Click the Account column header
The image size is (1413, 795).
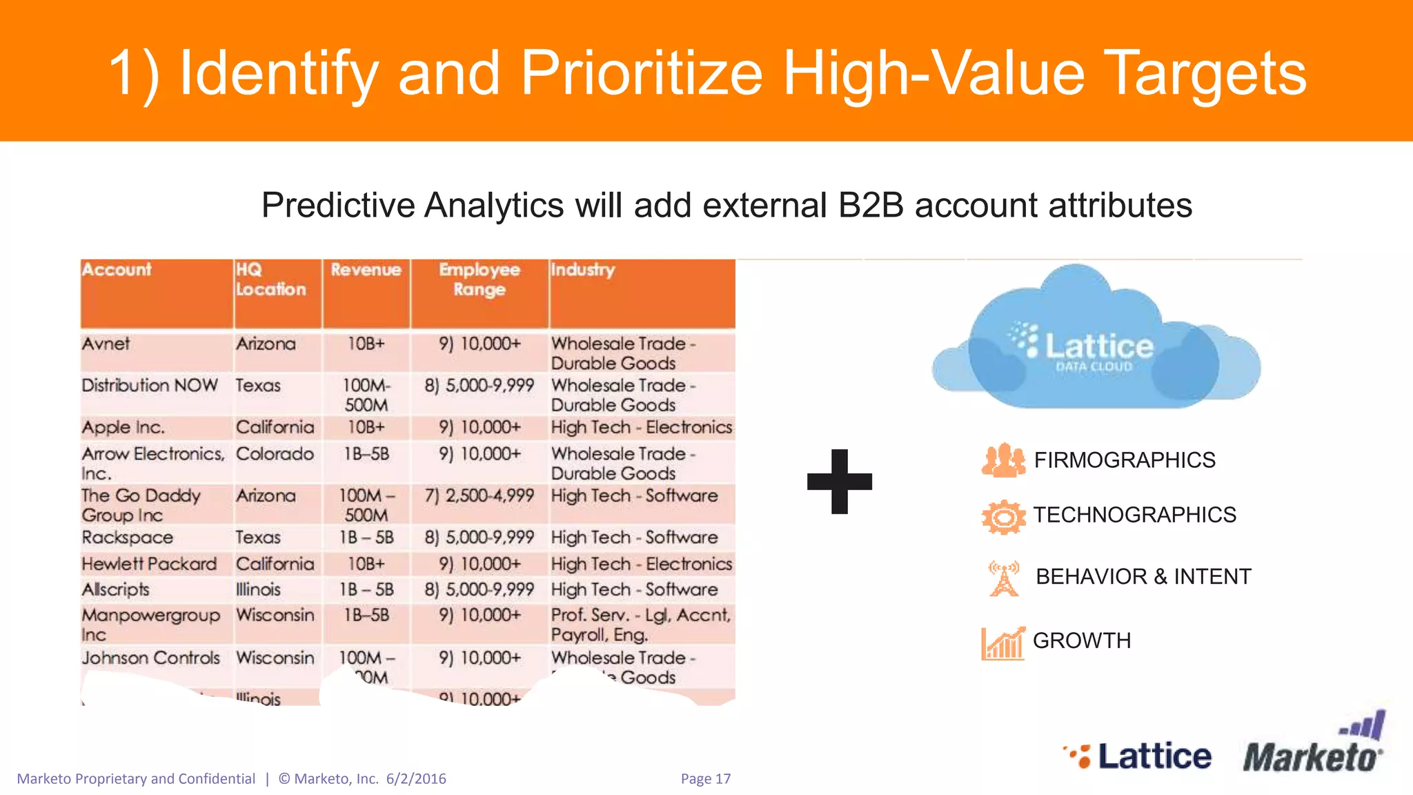[117, 270]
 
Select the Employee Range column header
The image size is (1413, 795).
[480, 279]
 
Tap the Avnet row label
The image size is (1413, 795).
[106, 344]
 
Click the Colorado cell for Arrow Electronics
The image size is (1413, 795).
[275, 454]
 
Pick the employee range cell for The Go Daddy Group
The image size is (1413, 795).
[480, 495]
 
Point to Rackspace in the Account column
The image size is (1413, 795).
[128, 538]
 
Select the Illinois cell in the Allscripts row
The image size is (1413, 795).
[258, 590]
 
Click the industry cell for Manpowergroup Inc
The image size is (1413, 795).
[640, 625]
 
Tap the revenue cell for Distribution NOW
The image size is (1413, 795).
[366, 395]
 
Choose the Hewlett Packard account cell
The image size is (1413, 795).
[149, 564]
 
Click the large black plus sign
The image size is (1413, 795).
[839, 481]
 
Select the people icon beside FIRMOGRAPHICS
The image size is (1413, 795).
[1003, 460]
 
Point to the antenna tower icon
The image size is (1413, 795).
[1004, 578]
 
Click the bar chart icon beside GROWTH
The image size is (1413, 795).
[1002, 643]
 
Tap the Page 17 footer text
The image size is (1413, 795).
[705, 778]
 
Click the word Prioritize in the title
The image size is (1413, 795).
[641, 73]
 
